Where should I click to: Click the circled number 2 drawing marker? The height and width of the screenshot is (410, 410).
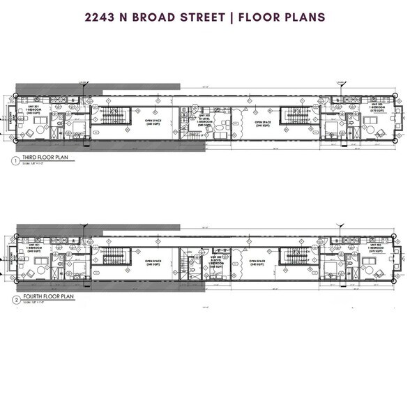(x=15, y=297)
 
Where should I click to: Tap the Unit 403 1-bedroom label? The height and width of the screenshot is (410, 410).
(x=377, y=245)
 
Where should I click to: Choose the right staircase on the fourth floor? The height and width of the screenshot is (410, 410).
(x=292, y=256)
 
